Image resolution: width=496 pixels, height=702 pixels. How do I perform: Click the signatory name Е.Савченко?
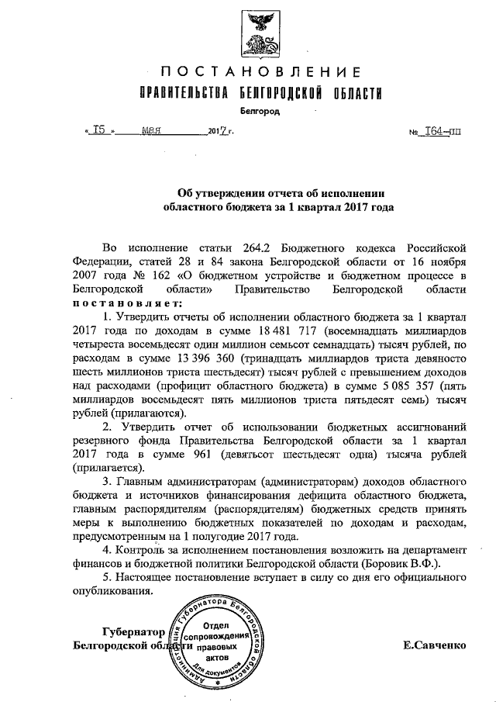435,645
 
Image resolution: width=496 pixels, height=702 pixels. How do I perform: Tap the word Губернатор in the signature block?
134,631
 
